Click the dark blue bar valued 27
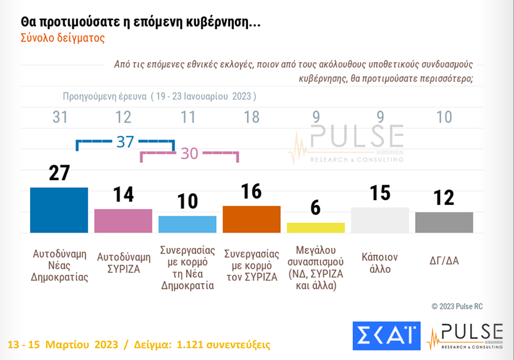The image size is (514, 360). pyautogui.click(x=59, y=210)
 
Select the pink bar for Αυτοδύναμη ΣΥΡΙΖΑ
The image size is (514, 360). pyautogui.click(x=123, y=221)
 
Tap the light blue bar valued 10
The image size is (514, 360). pyautogui.click(x=187, y=224)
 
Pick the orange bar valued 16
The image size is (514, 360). pyautogui.click(x=251, y=219)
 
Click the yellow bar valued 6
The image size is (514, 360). pyautogui.click(x=316, y=228)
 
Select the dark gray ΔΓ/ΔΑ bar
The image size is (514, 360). pyautogui.click(x=444, y=223)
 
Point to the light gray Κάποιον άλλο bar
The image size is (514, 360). pyautogui.click(x=380, y=220)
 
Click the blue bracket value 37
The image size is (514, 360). pyautogui.click(x=124, y=142)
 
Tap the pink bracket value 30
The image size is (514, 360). pyautogui.click(x=189, y=153)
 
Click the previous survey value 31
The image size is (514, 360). pyautogui.click(x=60, y=117)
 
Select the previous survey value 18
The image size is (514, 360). pyautogui.click(x=252, y=117)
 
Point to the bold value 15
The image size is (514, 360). pyautogui.click(x=380, y=194)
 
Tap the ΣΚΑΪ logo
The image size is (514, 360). pyautogui.click(x=386, y=336)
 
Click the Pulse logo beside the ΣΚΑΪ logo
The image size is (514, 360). pyautogui.click(x=465, y=336)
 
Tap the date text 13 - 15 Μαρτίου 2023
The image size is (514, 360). pyautogui.click(x=61, y=345)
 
